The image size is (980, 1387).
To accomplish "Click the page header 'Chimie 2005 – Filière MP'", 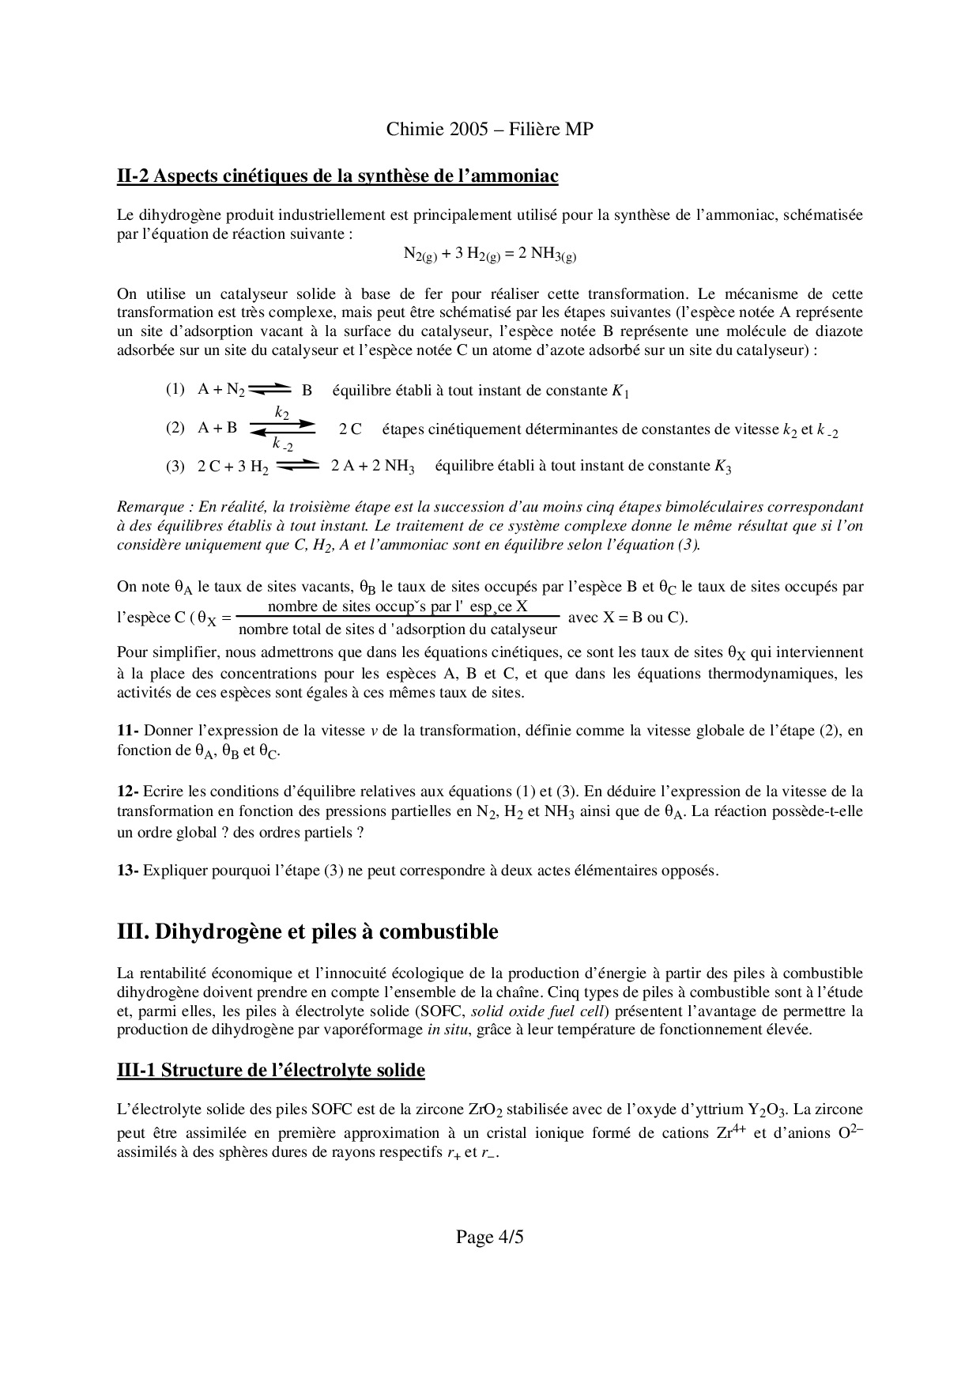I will pyautogui.click(x=489, y=130).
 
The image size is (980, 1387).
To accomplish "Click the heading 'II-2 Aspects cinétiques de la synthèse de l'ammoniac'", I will pyautogui.click(x=337, y=176).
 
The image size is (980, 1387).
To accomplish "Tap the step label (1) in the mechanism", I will pyautogui.click(x=175, y=389).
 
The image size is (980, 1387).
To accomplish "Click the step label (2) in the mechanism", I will pyautogui.click(x=175, y=428).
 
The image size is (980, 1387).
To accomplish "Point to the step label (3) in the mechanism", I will pyautogui.click(x=175, y=466).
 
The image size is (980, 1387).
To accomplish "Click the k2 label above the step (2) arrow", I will pyautogui.click(x=282, y=412).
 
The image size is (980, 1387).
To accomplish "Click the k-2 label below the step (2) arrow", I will pyautogui.click(x=282, y=445).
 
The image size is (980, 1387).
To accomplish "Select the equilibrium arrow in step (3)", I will pyautogui.click(x=299, y=465).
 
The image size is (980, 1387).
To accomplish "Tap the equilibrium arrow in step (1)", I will pyautogui.click(x=269, y=388).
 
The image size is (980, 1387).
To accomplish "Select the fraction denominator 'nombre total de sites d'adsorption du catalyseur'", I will pyautogui.click(x=398, y=629).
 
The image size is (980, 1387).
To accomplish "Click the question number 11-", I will pyautogui.click(x=128, y=731).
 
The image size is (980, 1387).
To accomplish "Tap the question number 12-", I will pyautogui.click(x=128, y=792).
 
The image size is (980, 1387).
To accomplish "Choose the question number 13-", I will pyautogui.click(x=128, y=871).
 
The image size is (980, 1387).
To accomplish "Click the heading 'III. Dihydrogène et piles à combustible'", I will pyautogui.click(x=307, y=932).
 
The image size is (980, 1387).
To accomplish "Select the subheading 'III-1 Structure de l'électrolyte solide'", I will pyautogui.click(x=270, y=1070).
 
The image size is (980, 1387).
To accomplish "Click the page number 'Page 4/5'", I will pyautogui.click(x=489, y=1237).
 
